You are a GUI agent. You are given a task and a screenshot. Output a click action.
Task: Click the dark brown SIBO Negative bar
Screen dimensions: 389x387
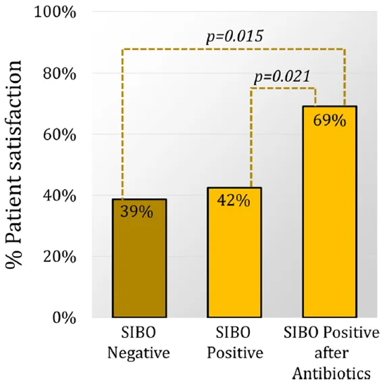tap(139, 258)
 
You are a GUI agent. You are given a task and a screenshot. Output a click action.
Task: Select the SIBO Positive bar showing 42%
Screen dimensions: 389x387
tap(234, 253)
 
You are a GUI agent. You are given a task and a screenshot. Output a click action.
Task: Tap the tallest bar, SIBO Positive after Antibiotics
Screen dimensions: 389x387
tap(330, 211)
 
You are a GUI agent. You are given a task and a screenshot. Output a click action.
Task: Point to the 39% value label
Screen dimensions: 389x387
tap(136, 212)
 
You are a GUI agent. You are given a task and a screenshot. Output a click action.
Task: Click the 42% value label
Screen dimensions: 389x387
tap(234, 200)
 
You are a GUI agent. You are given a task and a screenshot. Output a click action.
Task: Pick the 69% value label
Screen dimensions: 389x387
tap(330, 121)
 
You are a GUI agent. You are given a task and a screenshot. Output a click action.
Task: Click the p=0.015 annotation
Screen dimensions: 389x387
tap(234, 36)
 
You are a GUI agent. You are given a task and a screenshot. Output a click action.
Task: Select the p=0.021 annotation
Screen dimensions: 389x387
tap(282, 76)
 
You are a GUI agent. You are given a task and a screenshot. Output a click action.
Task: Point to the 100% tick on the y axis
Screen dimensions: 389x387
tap(55, 12)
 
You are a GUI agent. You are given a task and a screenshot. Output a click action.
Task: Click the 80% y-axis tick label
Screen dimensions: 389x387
tap(59, 74)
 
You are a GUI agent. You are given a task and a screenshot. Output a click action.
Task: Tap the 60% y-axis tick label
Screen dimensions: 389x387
tap(59, 134)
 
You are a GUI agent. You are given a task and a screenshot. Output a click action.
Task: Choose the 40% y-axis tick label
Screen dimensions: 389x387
tap(59, 196)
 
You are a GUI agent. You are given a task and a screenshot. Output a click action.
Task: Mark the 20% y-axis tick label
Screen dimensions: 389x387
tap(59, 257)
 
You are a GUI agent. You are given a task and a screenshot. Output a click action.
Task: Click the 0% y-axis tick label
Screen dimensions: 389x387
tap(64, 318)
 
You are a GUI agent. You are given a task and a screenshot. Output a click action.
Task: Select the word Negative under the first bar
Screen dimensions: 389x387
tap(138, 353)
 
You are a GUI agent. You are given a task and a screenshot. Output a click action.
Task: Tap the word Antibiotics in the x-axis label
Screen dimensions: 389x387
tap(332, 373)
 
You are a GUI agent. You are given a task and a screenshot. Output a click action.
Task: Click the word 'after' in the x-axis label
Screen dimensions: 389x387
tap(332, 353)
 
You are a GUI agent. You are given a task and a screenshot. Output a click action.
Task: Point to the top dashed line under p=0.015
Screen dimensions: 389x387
tap(234, 49)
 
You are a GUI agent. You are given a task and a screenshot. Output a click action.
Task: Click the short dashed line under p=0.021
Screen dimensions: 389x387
tap(283, 88)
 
